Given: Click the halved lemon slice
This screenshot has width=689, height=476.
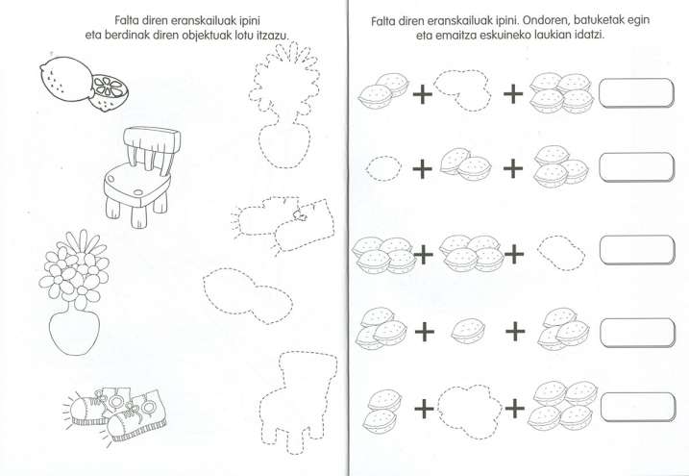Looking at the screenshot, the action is [109, 92].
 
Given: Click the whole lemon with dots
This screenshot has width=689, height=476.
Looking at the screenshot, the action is [67, 79].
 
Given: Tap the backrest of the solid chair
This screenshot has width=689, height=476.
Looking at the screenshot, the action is [152, 139].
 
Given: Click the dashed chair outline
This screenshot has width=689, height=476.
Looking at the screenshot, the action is [298, 402].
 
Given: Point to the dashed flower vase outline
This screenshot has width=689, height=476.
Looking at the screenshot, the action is [284, 105].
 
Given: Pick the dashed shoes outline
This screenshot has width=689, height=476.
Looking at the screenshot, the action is [283, 225].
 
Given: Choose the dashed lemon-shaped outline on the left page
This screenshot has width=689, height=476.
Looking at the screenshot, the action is [248, 295].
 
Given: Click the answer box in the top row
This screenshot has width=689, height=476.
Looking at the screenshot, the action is [636, 92].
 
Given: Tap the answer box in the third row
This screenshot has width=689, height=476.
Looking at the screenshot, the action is [637, 250].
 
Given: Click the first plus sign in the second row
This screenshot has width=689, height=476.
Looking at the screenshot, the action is [422, 169].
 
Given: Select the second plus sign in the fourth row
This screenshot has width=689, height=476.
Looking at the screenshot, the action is [515, 331].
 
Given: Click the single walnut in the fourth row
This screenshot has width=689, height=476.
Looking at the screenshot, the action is [468, 331].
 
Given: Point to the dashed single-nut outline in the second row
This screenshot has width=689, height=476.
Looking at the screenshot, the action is [383, 168].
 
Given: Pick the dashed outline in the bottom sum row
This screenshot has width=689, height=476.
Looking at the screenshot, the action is [469, 411].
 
